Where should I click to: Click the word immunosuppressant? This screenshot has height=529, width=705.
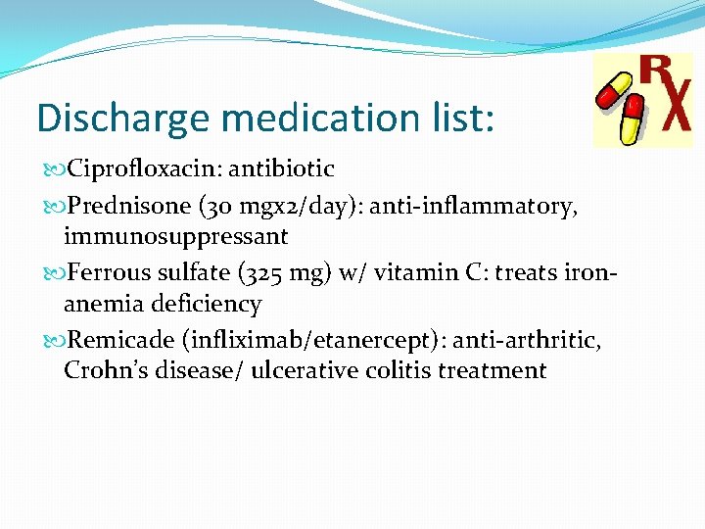[x=176, y=236]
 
